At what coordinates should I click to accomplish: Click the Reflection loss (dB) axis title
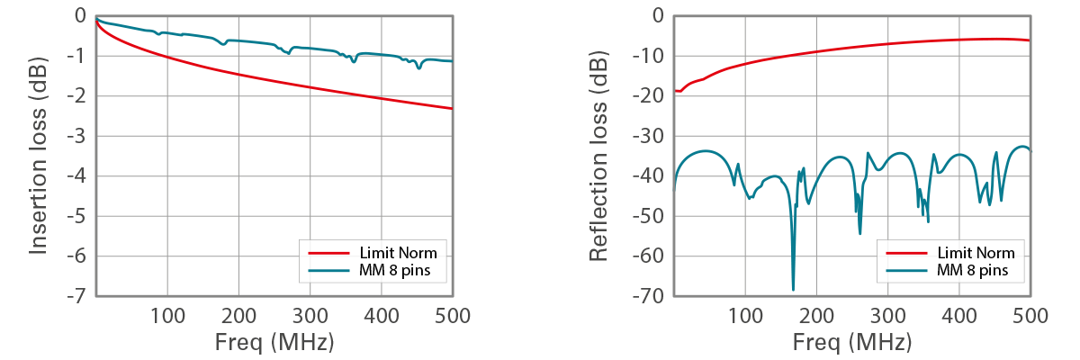pyautogui.click(x=598, y=156)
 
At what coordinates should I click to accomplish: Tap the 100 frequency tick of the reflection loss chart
pyautogui.click(x=745, y=316)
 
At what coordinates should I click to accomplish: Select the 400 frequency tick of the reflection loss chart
pyautogui.click(x=959, y=316)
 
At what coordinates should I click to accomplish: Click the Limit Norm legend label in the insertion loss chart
pyautogui.click(x=399, y=253)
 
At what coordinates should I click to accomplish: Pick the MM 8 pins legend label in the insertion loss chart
pyautogui.click(x=397, y=269)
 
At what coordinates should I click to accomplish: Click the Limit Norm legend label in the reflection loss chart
pyautogui.click(x=976, y=253)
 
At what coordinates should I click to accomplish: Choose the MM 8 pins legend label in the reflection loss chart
pyautogui.click(x=974, y=269)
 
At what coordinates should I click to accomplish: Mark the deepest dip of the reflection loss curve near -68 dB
pyautogui.click(x=793, y=288)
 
